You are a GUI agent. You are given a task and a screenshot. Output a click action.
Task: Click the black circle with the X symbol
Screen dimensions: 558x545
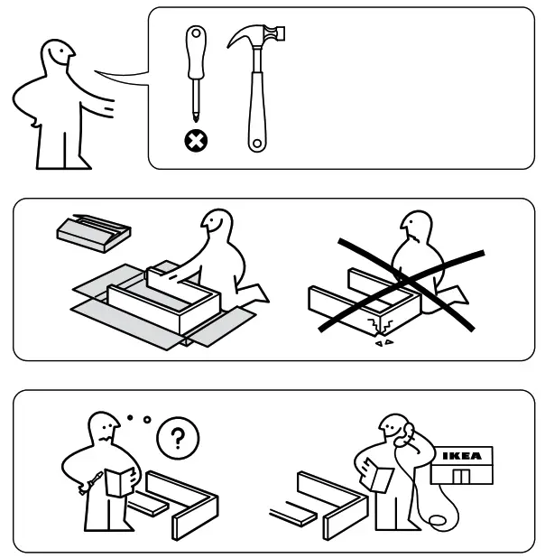pyautogui.click(x=192, y=139)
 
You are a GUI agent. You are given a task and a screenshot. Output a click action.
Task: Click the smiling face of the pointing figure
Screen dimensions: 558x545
pyautogui.click(x=57, y=59)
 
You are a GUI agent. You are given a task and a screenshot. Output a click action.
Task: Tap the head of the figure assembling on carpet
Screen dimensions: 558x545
pyautogui.click(x=216, y=226)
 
